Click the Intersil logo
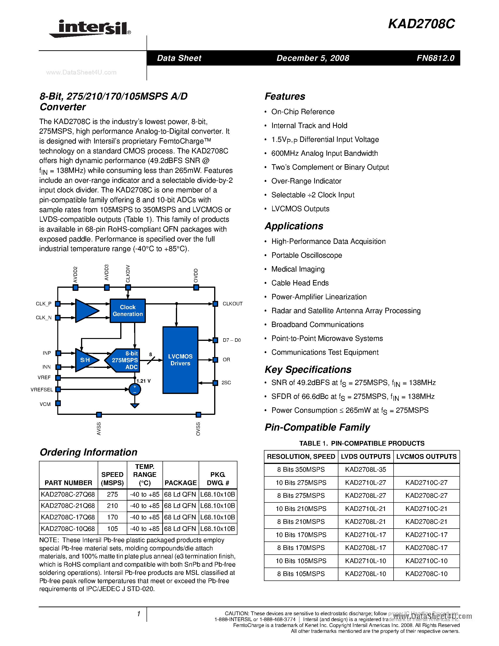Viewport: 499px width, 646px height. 90,29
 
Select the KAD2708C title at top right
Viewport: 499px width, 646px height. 421,24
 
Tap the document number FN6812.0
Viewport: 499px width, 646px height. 435,58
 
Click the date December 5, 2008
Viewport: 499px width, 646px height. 313,58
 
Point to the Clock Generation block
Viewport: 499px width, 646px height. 128,311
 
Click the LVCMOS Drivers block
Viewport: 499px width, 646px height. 180,360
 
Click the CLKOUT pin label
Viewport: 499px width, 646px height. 232,304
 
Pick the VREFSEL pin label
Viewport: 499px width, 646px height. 42,389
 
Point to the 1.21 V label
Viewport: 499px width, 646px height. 143,381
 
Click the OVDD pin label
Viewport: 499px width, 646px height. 196,276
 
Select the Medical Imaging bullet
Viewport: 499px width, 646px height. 298,269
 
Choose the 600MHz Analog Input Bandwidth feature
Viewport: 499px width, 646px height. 324,153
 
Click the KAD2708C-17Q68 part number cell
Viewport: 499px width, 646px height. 68,517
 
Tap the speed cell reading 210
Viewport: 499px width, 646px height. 112,506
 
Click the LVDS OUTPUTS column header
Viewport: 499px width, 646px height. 365,457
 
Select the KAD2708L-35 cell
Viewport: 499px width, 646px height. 365,470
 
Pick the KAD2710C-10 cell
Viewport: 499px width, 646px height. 426,561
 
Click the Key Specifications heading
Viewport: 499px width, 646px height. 308,370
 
